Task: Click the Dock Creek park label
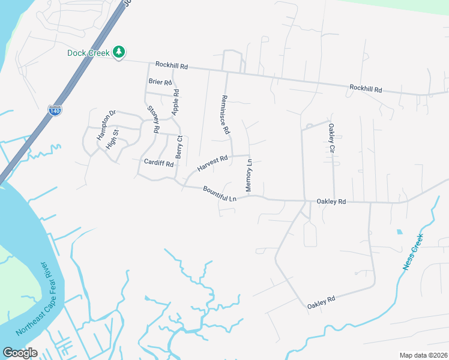coord(88,53)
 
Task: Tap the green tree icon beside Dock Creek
coord(119,52)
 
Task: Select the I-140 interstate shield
coord(53,110)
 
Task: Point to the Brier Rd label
coord(160,82)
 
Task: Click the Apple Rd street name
coord(176,102)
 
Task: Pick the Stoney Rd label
coord(154,119)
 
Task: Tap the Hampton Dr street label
coord(106,125)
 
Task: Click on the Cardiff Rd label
coord(158,162)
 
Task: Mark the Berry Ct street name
coord(179,146)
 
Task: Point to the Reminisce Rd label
coord(225,114)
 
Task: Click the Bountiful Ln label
coord(220,193)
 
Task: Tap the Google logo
coord(20,353)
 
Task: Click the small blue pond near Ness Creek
coord(399,231)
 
